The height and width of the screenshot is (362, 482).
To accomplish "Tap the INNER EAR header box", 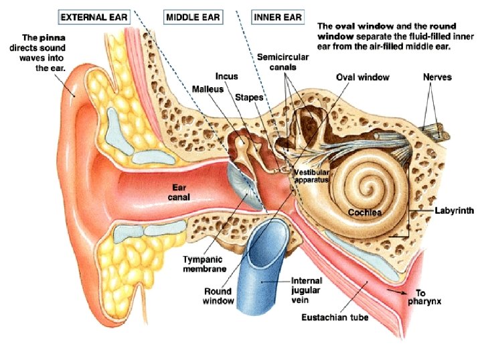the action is (278, 17).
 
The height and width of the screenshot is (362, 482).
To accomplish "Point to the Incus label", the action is (227, 76).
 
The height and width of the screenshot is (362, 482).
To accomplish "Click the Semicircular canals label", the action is (283, 62).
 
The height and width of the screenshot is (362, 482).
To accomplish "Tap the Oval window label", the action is (363, 77).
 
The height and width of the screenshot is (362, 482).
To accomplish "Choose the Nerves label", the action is (437, 77).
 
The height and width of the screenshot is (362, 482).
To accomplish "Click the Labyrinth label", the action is (455, 210).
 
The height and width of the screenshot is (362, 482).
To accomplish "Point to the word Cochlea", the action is (366, 213).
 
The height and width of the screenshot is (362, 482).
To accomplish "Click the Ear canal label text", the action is (179, 192).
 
